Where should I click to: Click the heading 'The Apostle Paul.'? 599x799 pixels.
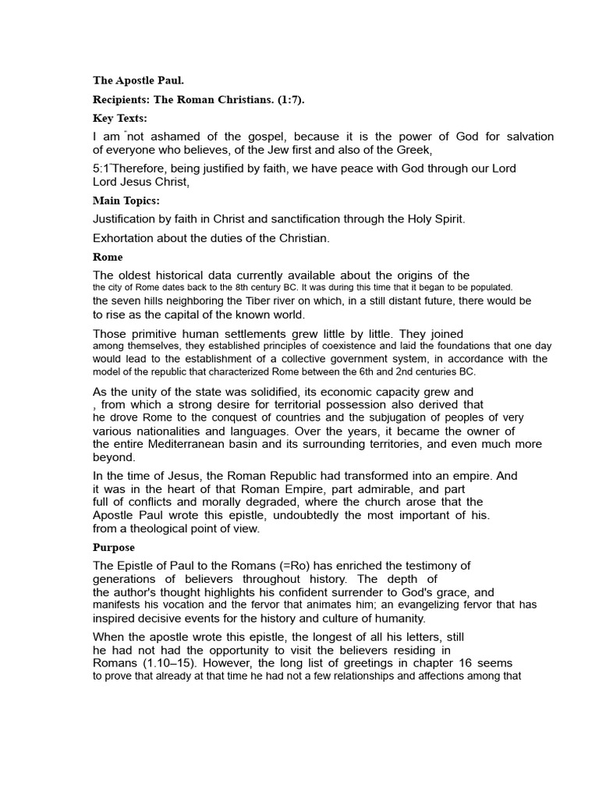pyautogui.click(x=139, y=80)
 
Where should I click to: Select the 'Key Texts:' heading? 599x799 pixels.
pyautogui.click(x=120, y=119)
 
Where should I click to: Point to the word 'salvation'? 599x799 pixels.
pyautogui.click(x=528, y=137)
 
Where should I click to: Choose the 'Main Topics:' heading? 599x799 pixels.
pyautogui.click(x=126, y=201)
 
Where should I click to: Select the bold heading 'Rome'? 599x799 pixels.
pyautogui.click(x=108, y=257)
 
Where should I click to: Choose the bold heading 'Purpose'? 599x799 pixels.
pyautogui.click(x=114, y=547)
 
